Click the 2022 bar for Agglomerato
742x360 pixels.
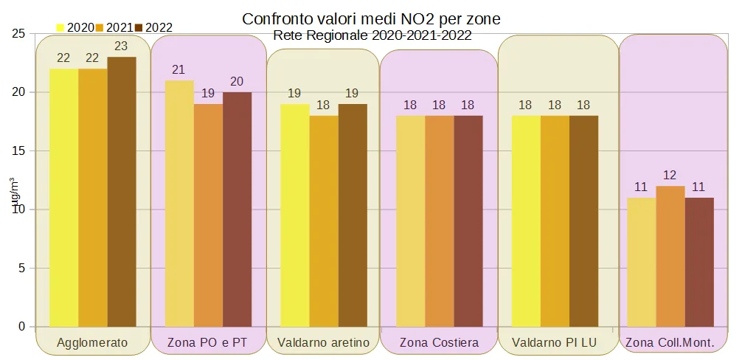coord(122,192)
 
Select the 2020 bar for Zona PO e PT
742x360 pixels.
coord(179,204)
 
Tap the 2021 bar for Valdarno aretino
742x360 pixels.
coord(324,221)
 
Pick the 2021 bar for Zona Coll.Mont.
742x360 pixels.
coord(670,256)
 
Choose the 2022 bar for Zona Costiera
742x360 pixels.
coord(468,221)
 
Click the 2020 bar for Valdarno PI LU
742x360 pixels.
coord(526,221)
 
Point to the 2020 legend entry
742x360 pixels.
coord(75,27)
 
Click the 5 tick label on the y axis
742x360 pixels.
coord(22,268)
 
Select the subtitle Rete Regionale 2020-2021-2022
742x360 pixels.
coord(372,34)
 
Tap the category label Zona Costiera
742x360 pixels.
coord(439,342)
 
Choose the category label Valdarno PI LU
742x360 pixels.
coord(554,342)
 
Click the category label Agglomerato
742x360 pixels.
coord(92,342)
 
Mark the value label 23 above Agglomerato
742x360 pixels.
coord(121,46)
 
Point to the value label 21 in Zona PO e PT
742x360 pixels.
coord(178,69)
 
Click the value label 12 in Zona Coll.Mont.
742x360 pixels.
coord(670,175)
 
